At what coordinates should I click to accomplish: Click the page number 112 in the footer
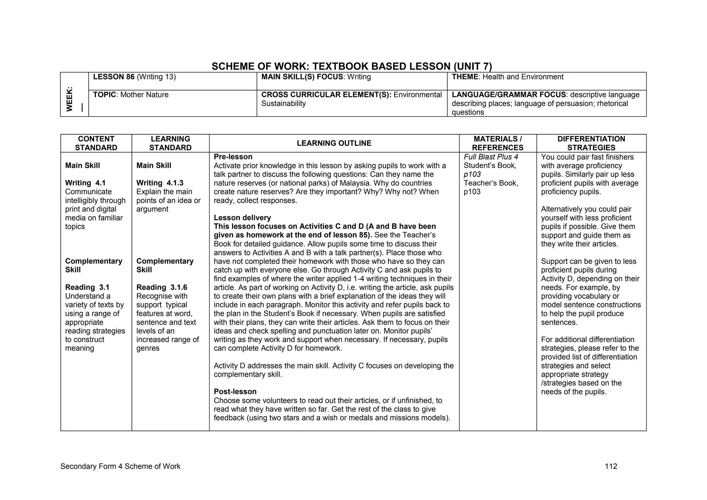pos(611,467)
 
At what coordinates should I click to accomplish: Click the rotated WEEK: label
pos(70,99)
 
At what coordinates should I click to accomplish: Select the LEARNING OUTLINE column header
pos(334,143)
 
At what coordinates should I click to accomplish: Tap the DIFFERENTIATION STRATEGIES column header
pos(591,143)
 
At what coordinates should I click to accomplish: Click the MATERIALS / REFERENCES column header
pos(497,143)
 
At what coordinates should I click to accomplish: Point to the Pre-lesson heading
pos(233,157)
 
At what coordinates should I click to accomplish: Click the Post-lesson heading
pos(235,392)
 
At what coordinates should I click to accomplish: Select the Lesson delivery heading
pos(242,218)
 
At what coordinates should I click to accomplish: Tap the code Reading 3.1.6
pos(162,287)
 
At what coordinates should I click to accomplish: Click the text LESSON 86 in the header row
pos(114,77)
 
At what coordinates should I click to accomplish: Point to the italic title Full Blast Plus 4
pos(491,157)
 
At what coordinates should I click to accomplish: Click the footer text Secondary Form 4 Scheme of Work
pos(120,467)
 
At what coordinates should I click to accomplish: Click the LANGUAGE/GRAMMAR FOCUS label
pos(509,95)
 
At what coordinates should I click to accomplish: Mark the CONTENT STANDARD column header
pos(96,143)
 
